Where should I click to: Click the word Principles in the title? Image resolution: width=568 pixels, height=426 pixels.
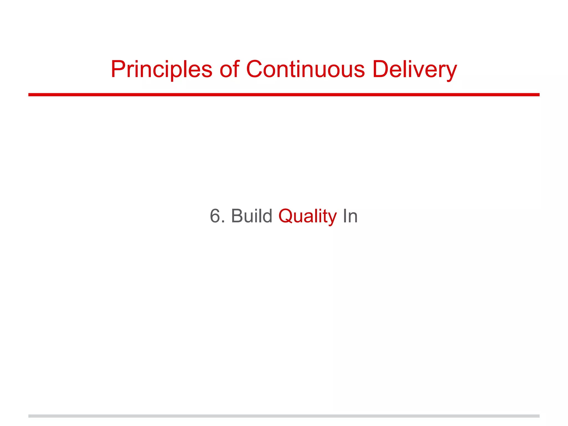[x=161, y=69]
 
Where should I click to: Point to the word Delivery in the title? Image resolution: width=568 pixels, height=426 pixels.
[x=414, y=69]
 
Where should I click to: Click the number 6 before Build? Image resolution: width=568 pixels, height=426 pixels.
[x=215, y=216]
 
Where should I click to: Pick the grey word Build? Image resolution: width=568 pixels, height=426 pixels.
[x=252, y=216]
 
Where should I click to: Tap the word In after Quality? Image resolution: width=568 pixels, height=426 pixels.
[x=350, y=216]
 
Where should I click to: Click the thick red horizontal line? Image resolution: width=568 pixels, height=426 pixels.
[x=284, y=95]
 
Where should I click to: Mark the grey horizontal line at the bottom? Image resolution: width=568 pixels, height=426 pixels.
[x=284, y=416]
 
